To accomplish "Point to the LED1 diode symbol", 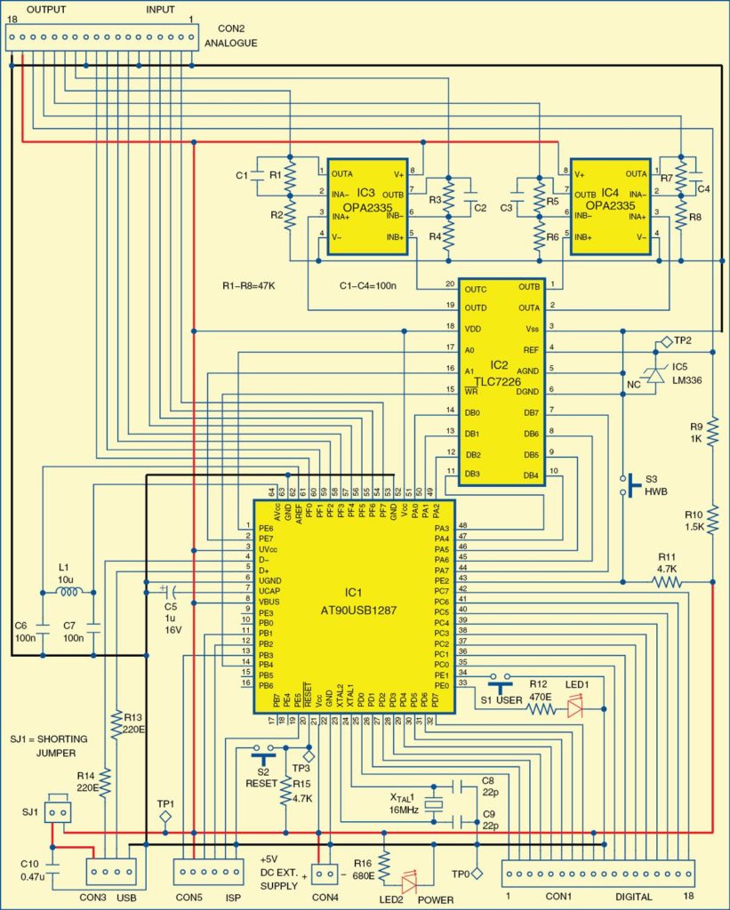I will point(575,708).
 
